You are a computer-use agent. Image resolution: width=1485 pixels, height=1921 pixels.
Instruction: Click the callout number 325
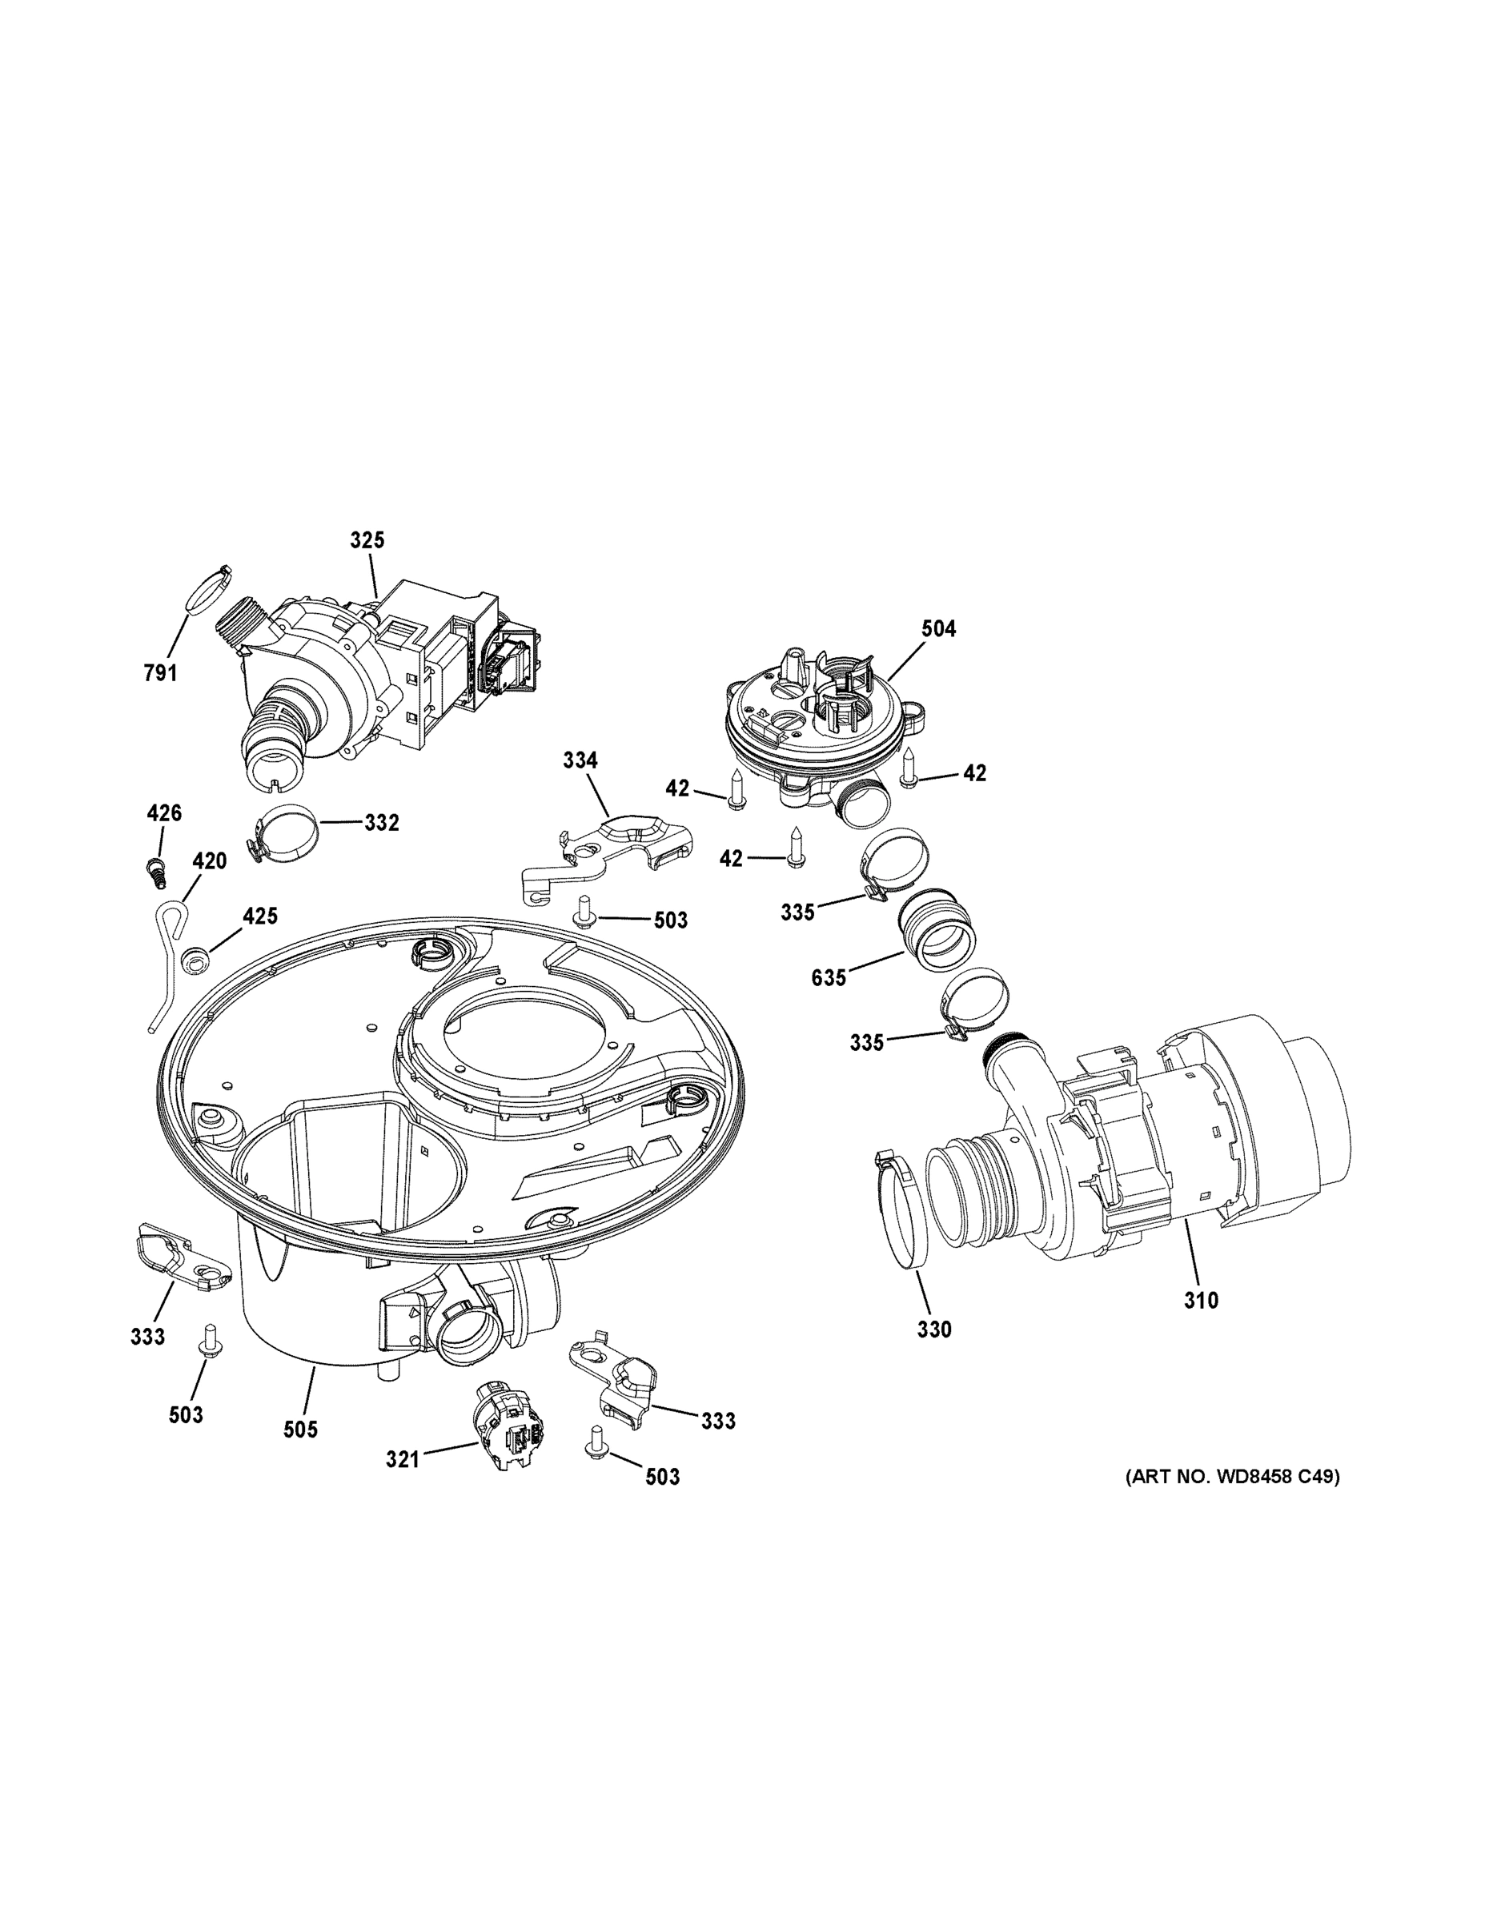click(367, 540)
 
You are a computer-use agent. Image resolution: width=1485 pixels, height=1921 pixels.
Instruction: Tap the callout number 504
click(939, 628)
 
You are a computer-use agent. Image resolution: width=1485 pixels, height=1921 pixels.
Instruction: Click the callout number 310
click(1200, 1300)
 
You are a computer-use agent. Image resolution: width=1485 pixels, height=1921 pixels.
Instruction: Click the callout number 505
click(300, 1430)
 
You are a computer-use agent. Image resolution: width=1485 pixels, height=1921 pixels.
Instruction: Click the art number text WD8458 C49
click(1233, 1478)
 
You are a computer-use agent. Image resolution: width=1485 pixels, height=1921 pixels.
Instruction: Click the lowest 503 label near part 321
click(661, 1478)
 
